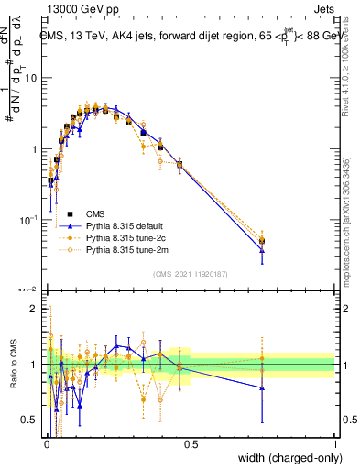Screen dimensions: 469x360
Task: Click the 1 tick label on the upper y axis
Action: (x=33, y=148)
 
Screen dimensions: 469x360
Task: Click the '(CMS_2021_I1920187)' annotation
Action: (x=190, y=272)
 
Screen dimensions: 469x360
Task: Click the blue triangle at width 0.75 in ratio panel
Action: (x=262, y=387)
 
